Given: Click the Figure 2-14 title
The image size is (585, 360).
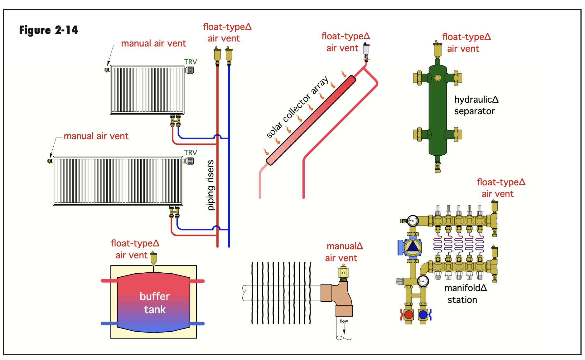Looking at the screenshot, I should point(49,30).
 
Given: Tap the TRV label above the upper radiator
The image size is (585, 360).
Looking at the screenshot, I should point(191,62).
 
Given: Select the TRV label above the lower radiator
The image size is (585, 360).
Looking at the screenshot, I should point(191,153).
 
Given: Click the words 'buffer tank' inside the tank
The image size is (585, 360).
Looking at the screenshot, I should point(155,303).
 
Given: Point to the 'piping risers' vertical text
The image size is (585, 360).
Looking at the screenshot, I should point(211,185).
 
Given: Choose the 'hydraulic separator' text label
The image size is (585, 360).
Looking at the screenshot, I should point(476,105).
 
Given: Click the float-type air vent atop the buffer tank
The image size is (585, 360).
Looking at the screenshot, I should point(153,258).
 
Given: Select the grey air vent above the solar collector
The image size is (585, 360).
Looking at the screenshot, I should point(366,50).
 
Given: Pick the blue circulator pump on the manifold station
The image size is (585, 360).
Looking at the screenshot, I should point(411,247).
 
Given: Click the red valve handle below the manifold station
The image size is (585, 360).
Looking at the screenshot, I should point(409,315).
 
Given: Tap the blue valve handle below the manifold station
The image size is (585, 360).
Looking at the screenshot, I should point(423,315).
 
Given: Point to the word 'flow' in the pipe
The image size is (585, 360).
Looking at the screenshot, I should point(344,321).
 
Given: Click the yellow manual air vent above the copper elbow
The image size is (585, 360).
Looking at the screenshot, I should point(343,272).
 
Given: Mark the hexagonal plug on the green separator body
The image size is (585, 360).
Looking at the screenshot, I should point(438,78).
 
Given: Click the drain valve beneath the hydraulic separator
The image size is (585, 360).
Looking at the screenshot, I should point(438,167).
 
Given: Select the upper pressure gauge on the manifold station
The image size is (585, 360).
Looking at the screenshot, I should point(413,221).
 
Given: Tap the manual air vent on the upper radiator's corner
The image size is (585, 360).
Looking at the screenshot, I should point(107,70).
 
